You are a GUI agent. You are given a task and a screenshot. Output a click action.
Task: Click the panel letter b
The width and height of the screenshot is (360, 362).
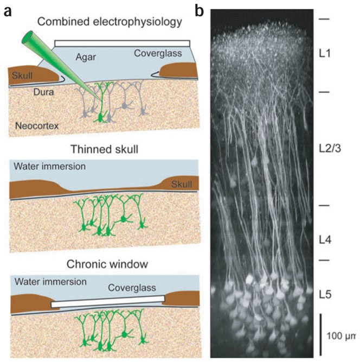click(x=200, y=9)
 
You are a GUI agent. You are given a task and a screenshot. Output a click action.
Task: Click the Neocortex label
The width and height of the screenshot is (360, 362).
click(x=37, y=126)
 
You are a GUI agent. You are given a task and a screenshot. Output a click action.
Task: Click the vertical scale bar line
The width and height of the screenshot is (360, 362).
click(x=320, y=332)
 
